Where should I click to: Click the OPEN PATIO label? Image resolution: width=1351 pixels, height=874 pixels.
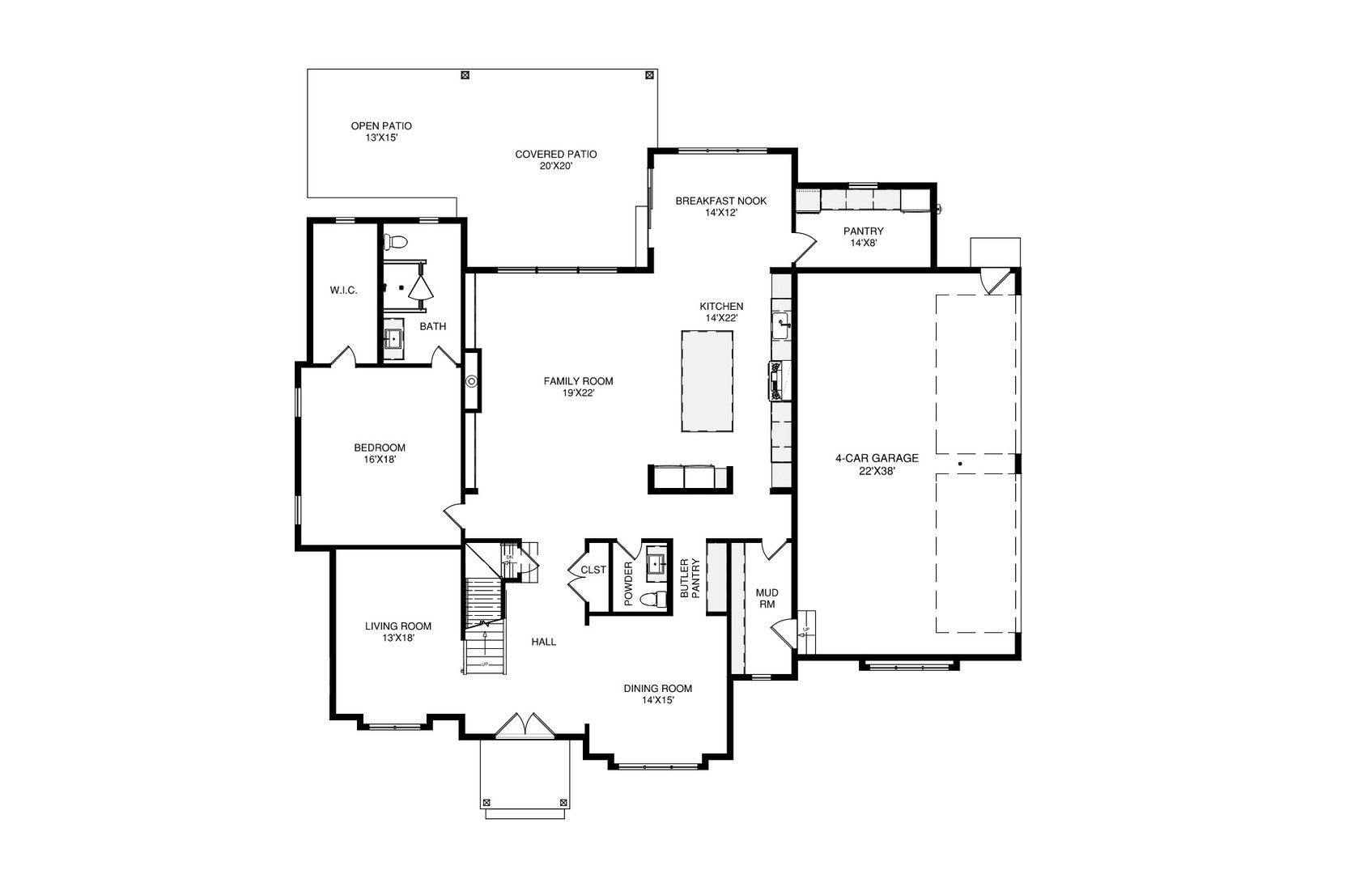[x=381, y=126]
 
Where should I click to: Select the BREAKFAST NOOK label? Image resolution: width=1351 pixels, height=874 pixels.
[x=720, y=201]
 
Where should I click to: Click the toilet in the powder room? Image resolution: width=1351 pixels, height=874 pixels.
[x=652, y=600]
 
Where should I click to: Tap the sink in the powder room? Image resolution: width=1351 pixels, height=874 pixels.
[x=656, y=563]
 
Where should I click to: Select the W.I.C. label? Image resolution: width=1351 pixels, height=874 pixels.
[x=343, y=291]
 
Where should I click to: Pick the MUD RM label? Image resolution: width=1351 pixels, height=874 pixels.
[x=766, y=598]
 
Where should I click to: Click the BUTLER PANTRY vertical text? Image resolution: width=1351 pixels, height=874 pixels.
[x=690, y=578]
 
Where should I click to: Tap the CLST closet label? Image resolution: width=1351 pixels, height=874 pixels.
[x=593, y=570]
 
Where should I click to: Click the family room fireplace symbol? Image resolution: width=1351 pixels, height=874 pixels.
[x=472, y=381]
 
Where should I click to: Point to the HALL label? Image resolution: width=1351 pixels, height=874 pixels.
[x=544, y=642]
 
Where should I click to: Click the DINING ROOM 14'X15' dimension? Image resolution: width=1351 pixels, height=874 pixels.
[x=657, y=701]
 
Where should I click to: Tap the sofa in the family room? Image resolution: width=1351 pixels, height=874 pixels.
[x=690, y=477]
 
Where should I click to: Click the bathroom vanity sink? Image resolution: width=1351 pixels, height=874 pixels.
[x=393, y=338]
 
